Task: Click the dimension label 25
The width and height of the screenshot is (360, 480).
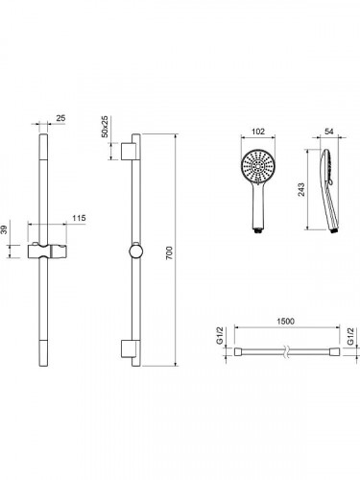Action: [x=60, y=118]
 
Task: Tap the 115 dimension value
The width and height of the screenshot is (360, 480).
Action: [x=79, y=218]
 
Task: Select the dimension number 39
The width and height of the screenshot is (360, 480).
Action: [x=4, y=229]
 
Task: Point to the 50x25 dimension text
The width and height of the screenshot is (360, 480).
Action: [x=105, y=127]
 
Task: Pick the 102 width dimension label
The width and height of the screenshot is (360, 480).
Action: [x=258, y=132]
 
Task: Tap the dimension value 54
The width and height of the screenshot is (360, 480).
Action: [x=329, y=132]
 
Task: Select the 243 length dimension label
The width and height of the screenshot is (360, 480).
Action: [x=301, y=189]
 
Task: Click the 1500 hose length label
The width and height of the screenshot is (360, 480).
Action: [x=285, y=321]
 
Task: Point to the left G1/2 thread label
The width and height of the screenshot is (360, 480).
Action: [x=220, y=336]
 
